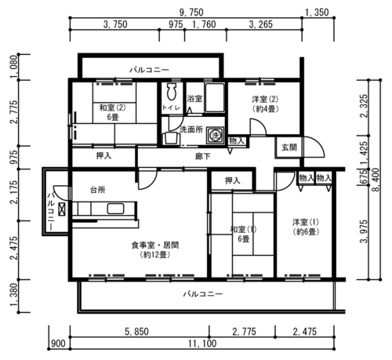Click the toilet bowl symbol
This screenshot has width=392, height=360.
[x=172, y=92]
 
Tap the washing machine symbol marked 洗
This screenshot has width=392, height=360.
[x=216, y=135]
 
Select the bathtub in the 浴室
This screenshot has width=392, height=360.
[x=215, y=98]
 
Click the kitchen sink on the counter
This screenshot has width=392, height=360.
[x=115, y=209]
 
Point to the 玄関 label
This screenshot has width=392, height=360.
[x=289, y=147]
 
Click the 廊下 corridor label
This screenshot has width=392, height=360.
[x=203, y=156]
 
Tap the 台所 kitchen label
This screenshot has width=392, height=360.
[x=98, y=190]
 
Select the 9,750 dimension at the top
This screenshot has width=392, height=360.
[x=191, y=13]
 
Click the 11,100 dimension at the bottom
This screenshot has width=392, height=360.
[x=202, y=344]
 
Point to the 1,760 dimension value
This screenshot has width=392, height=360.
[x=204, y=24]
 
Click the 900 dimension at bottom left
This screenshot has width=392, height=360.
[x=58, y=344]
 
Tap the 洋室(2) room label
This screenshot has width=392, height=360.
[x=265, y=100]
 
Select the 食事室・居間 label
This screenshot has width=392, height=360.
[x=155, y=245]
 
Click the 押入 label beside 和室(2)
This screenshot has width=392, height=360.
[x=103, y=156]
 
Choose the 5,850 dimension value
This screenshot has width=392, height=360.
[x=136, y=332]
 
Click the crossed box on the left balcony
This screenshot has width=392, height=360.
[x=63, y=209]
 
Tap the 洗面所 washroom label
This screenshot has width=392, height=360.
[x=191, y=129]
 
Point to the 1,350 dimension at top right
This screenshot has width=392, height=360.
[x=317, y=13]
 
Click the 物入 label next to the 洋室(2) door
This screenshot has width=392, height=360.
[x=237, y=141]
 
